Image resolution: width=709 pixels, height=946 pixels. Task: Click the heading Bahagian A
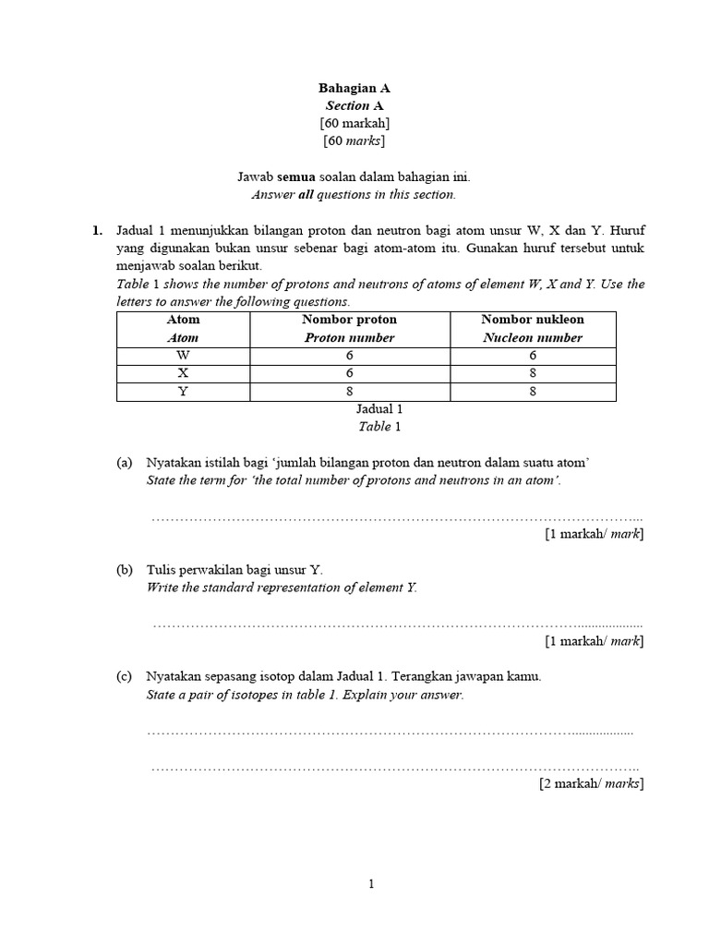coord(354,88)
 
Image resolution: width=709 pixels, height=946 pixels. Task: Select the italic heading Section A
coord(354,105)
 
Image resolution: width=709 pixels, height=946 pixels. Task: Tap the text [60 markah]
coord(354,123)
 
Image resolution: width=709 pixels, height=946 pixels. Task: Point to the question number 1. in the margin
coord(97,232)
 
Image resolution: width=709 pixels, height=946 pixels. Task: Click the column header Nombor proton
coord(349,320)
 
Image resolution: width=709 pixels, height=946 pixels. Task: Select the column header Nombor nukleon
coord(533,320)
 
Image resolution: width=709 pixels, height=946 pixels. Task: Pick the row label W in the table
coord(183,355)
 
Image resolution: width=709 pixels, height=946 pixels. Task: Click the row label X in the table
coord(183,373)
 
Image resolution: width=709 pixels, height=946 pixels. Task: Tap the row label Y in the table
coord(183,392)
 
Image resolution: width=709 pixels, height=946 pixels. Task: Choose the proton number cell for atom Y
coord(349,392)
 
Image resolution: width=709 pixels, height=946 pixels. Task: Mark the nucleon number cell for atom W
coord(533,355)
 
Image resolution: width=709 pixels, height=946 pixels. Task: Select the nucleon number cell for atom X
coord(533,373)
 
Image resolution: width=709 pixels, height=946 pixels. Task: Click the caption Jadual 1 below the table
coord(379,409)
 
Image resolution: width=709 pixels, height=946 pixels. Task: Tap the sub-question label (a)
coord(125,463)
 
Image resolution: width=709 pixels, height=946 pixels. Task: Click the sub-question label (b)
coord(125,570)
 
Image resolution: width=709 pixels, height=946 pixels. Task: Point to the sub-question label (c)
coord(125,677)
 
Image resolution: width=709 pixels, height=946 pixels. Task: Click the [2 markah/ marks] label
coord(591,783)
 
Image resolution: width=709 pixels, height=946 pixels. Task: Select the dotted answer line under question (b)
coord(397,624)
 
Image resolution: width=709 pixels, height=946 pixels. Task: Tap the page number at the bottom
coord(371,884)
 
